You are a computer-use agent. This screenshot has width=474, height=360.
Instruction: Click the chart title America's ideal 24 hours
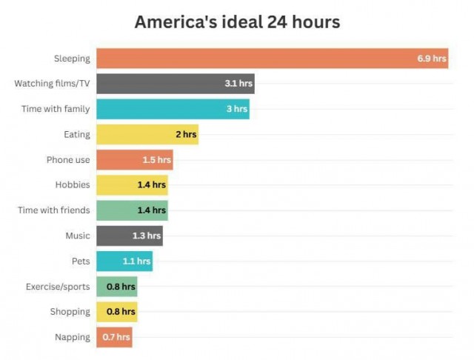coord(237,22)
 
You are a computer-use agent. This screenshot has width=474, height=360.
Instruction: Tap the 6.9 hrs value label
coord(430,58)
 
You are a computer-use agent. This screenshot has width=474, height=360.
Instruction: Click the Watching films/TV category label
coord(52,83)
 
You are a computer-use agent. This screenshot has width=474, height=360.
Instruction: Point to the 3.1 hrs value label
coord(238,84)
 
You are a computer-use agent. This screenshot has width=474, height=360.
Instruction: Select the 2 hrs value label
coord(186,134)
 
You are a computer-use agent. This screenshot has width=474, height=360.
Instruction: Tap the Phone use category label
coord(68,160)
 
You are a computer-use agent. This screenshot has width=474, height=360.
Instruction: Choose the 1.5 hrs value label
coord(156,160)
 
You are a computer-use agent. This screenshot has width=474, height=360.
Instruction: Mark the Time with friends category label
coord(54,210)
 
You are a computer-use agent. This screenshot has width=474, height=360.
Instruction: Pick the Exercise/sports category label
coord(58,287)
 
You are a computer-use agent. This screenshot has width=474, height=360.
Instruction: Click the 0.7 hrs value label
coord(116,337)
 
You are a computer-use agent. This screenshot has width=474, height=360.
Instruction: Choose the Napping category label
coord(73,337)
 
